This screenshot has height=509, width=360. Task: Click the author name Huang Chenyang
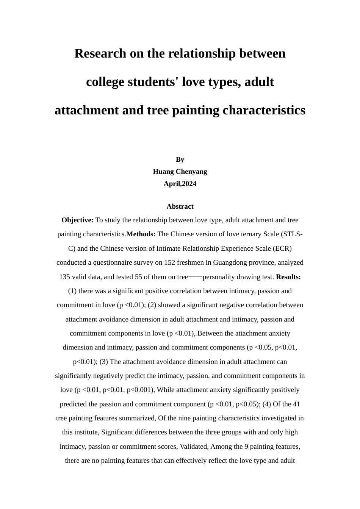(180, 172)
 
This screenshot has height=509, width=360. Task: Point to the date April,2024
(180, 184)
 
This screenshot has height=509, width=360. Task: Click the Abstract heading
(180, 206)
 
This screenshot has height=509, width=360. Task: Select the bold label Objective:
(77, 220)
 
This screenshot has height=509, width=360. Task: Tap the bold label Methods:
(141, 234)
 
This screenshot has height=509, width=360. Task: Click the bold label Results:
(288, 277)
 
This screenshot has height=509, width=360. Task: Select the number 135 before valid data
(64, 277)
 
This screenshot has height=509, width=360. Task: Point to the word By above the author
(180, 159)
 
